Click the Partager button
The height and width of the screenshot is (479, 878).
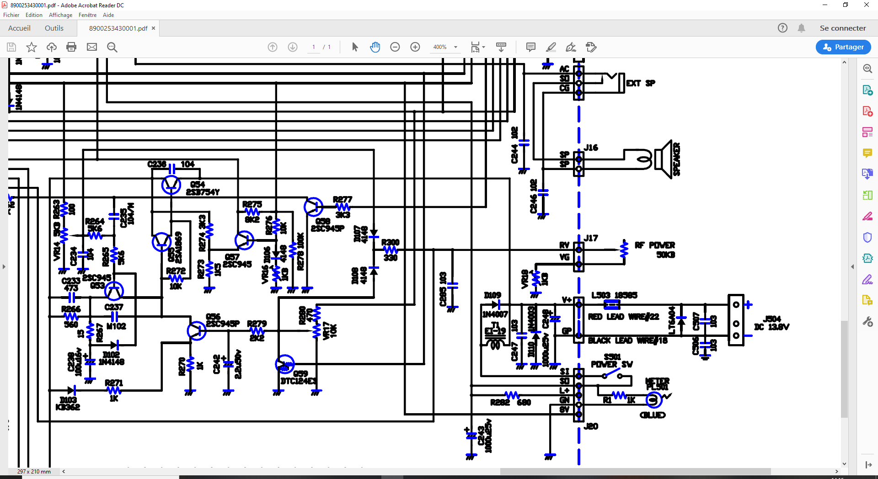tap(843, 47)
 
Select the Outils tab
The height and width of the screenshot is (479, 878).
tap(54, 28)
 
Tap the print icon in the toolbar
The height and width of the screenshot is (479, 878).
tap(71, 47)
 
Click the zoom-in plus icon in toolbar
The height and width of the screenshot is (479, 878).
tap(415, 47)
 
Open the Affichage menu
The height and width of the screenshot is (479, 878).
tap(60, 15)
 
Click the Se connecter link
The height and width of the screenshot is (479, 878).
tap(842, 28)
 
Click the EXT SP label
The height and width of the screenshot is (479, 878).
tap(640, 83)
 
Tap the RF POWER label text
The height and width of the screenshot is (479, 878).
tap(654, 245)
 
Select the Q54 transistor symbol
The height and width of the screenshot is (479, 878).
tap(171, 185)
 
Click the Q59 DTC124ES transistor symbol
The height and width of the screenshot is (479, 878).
tap(284, 364)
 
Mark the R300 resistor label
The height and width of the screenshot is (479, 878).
tap(390, 242)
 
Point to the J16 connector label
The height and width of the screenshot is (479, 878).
tap(591, 148)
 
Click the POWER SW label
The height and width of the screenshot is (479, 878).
tap(611, 364)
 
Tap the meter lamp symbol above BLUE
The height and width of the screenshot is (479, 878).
tap(653, 400)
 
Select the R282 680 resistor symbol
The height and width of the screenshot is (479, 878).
tap(511, 395)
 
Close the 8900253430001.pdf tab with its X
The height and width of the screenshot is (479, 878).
tap(154, 28)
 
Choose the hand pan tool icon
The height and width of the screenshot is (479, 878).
tap(375, 47)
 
